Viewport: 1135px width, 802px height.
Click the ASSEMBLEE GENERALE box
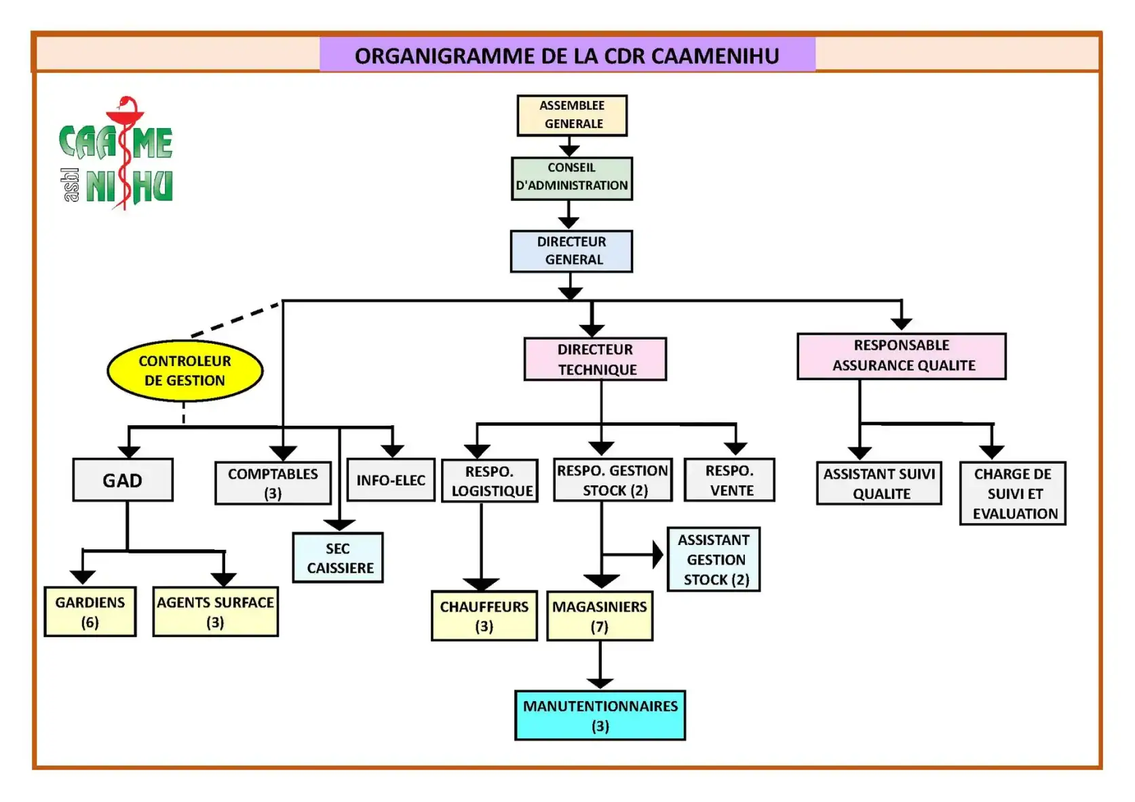click(x=572, y=115)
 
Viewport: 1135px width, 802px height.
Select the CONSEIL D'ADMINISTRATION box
click(x=572, y=179)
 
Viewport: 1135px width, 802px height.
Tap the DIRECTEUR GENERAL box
click(x=571, y=252)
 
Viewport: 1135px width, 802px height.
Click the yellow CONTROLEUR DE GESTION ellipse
click(x=185, y=371)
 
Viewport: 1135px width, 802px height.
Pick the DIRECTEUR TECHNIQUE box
click(x=596, y=359)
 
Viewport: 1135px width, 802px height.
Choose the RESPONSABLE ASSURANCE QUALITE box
click(x=902, y=356)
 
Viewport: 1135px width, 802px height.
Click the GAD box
click(x=123, y=480)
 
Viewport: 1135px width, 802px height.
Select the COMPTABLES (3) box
click(x=273, y=483)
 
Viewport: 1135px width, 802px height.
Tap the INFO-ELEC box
click(x=391, y=480)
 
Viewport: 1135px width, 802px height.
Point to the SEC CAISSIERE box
click(x=338, y=557)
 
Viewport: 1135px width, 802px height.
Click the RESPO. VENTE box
click(x=730, y=480)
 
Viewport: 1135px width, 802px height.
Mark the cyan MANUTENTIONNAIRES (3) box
click(x=600, y=715)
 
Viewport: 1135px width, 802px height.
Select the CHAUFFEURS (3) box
click(x=484, y=616)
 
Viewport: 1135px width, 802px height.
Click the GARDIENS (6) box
click(x=90, y=611)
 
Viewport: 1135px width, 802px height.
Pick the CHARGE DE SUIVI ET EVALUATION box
click(x=1014, y=493)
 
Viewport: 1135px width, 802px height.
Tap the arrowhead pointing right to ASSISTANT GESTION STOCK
click(x=658, y=555)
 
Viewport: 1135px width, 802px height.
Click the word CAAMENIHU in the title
click(x=715, y=56)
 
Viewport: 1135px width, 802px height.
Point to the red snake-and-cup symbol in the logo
click(x=125, y=152)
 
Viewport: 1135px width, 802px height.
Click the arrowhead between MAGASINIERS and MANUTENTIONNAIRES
click(x=600, y=683)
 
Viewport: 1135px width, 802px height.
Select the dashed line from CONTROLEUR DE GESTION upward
click(x=236, y=319)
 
